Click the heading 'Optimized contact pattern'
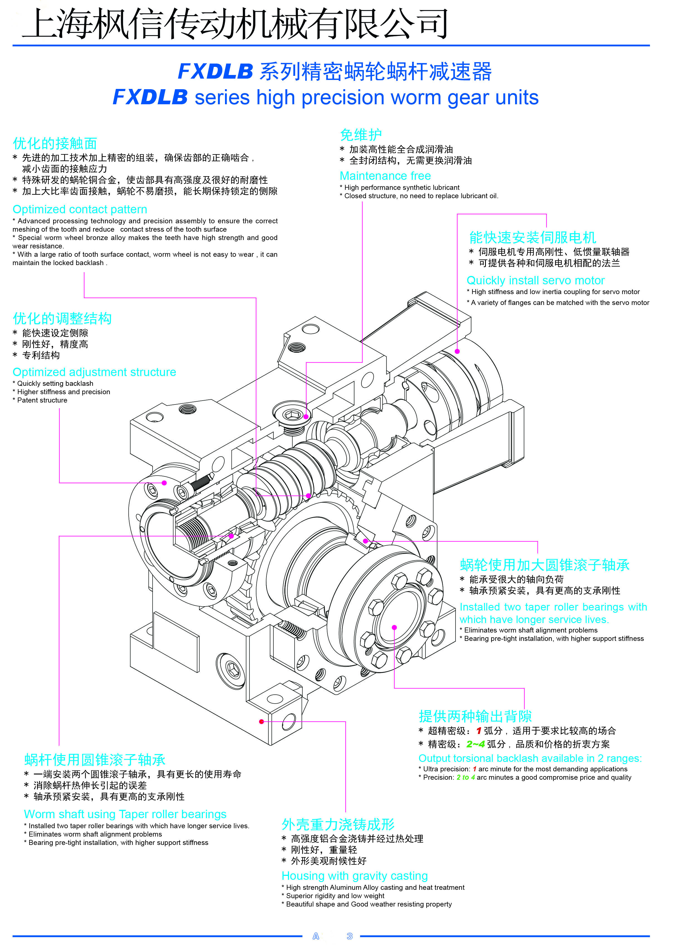(80, 210)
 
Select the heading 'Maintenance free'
(385, 176)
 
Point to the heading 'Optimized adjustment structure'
(94, 372)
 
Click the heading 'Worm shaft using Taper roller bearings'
(125, 814)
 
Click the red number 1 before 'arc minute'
(474, 769)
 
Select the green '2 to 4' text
(466, 777)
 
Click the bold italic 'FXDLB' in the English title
(150, 98)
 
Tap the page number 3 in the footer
(349, 936)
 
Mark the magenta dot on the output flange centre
(394, 627)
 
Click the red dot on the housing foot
(261, 721)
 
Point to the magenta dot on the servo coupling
(457, 351)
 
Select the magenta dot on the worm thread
(308, 496)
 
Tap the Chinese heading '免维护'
(361, 135)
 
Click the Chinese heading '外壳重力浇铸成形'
(338, 824)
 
